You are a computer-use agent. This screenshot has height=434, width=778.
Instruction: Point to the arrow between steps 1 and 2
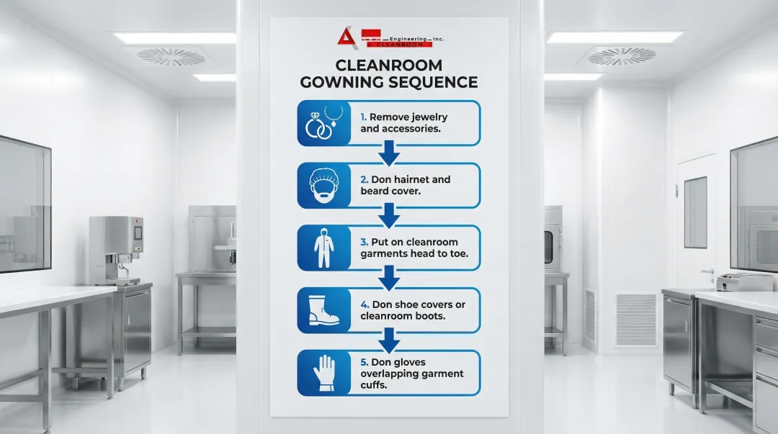click(389, 152)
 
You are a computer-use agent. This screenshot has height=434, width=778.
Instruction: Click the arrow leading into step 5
click(389, 338)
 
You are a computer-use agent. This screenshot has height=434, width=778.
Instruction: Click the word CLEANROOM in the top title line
click(390, 63)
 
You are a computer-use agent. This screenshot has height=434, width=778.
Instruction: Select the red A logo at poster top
click(346, 37)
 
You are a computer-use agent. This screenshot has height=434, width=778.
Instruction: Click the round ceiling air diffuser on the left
click(161, 57)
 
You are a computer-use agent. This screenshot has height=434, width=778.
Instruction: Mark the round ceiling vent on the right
click(621, 55)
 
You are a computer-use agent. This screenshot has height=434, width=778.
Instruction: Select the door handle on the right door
click(707, 271)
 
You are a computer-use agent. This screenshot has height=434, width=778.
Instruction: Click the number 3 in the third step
click(364, 242)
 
